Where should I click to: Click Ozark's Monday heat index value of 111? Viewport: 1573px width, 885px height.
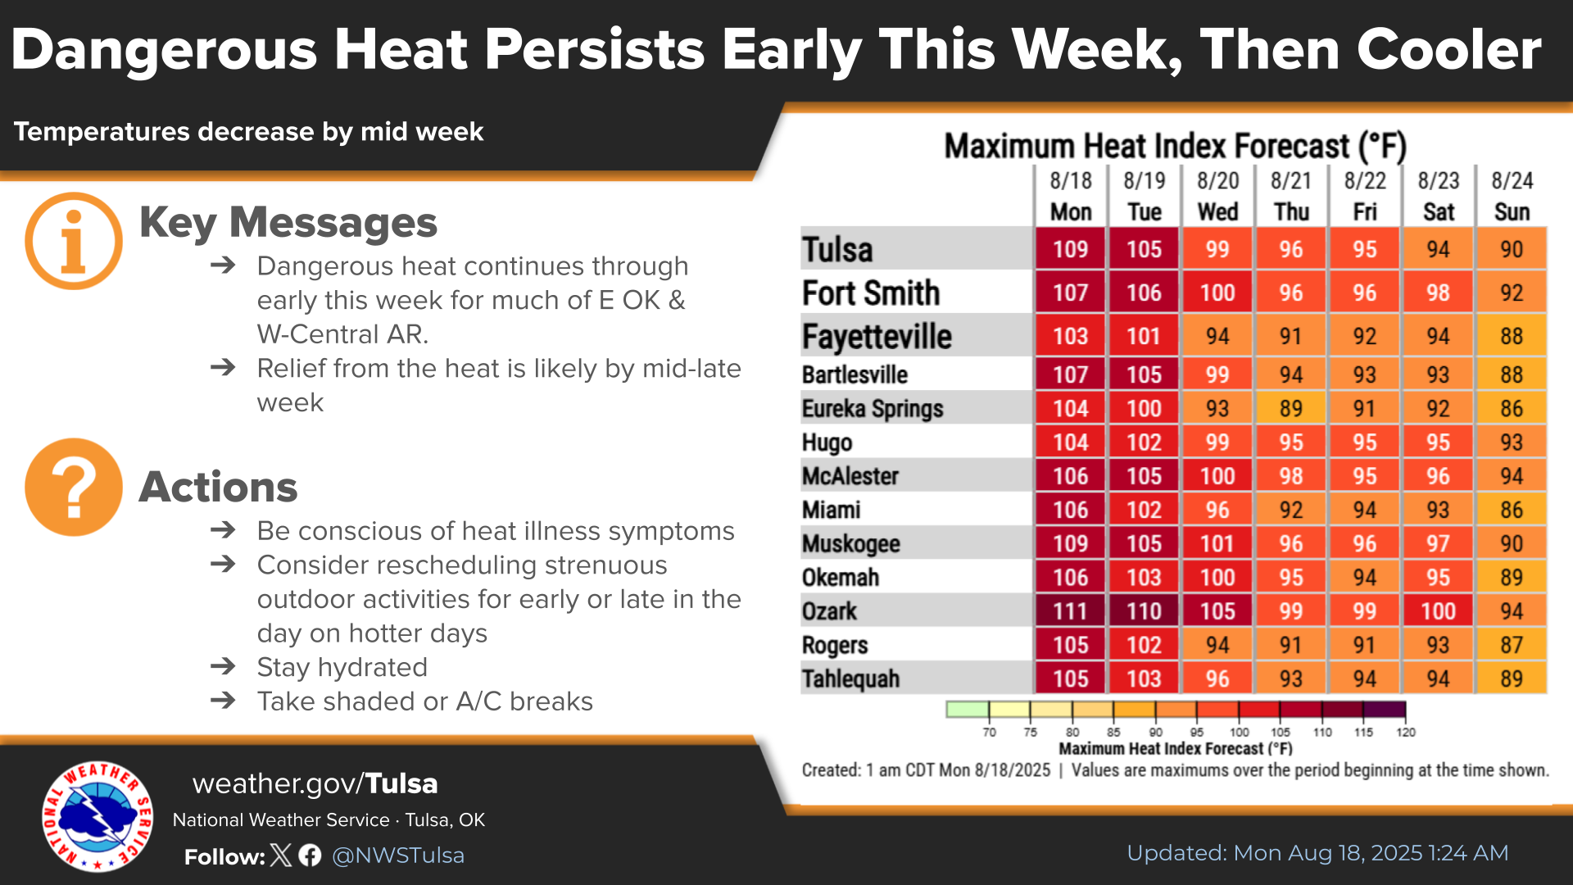click(1070, 611)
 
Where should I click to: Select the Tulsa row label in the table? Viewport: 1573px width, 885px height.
click(837, 250)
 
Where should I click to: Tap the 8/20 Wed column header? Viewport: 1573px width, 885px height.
click(1217, 197)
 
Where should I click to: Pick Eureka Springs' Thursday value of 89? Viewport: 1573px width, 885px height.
click(1291, 408)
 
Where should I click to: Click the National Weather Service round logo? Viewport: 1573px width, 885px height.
click(97, 816)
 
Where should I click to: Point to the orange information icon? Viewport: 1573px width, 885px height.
click(74, 241)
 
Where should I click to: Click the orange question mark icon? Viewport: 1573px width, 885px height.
click(74, 487)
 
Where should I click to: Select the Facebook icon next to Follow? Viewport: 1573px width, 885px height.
click(310, 855)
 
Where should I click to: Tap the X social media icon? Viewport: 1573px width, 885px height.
click(281, 855)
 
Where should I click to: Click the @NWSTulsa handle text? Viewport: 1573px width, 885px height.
click(398, 855)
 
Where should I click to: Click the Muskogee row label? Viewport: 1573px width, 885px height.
click(851, 544)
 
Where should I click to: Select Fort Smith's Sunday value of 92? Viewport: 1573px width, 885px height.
click(1512, 293)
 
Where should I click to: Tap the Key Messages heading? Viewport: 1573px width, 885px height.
click(288, 223)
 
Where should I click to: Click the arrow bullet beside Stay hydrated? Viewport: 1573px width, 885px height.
click(223, 667)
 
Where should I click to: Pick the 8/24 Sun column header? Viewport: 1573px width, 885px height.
click(1512, 197)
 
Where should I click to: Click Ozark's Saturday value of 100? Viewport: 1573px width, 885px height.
click(1439, 611)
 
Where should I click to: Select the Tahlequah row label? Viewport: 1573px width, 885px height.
click(851, 679)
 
